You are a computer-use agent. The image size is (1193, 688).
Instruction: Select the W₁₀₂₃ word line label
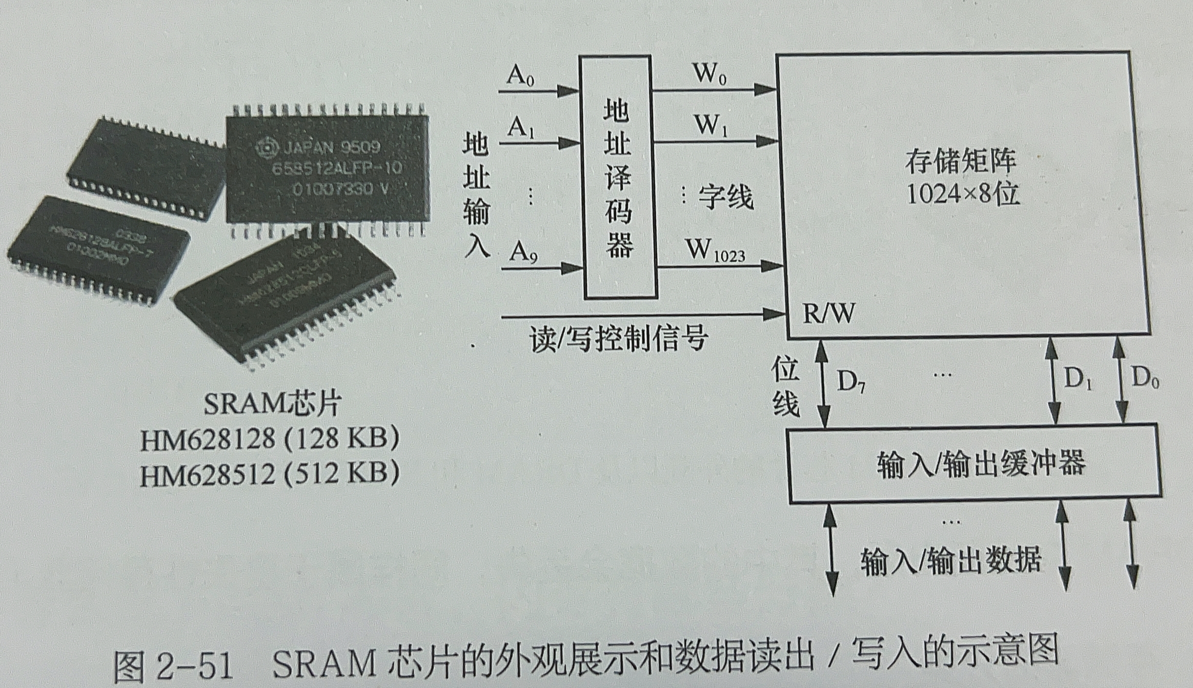[x=715, y=252]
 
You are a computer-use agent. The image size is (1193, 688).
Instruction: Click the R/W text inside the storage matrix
[x=828, y=314]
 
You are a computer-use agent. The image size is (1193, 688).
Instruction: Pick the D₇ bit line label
[x=851, y=382]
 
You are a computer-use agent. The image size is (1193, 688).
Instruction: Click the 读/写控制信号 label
[x=618, y=338]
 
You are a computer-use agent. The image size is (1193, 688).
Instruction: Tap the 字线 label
[x=725, y=197]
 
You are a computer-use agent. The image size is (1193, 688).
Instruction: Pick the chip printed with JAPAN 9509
[x=327, y=168]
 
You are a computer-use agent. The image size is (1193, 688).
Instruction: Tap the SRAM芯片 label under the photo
[x=272, y=405]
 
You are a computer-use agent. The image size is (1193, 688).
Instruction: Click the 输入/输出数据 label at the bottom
[x=950, y=561]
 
